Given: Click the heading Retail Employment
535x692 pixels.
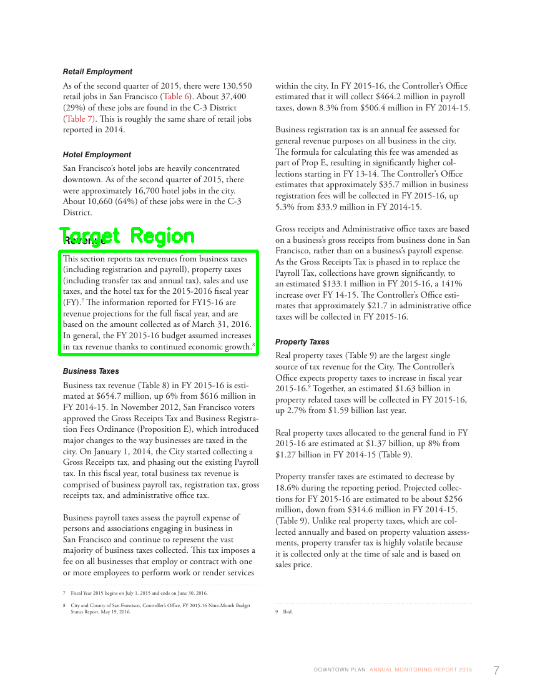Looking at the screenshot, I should tap(97, 72).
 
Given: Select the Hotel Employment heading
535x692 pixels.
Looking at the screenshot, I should tap(97, 155).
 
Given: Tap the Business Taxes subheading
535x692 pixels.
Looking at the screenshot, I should tap(91, 371).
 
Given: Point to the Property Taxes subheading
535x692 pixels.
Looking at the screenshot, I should tap(302, 342).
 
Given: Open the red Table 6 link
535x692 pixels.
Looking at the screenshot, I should tap(176, 97).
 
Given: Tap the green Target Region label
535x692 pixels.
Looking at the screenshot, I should tap(127, 236).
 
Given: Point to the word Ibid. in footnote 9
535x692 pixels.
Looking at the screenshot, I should tap(288, 612).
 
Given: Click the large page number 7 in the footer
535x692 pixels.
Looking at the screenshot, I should tap(496, 671).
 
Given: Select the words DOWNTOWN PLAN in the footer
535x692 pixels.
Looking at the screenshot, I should tap(340, 670).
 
